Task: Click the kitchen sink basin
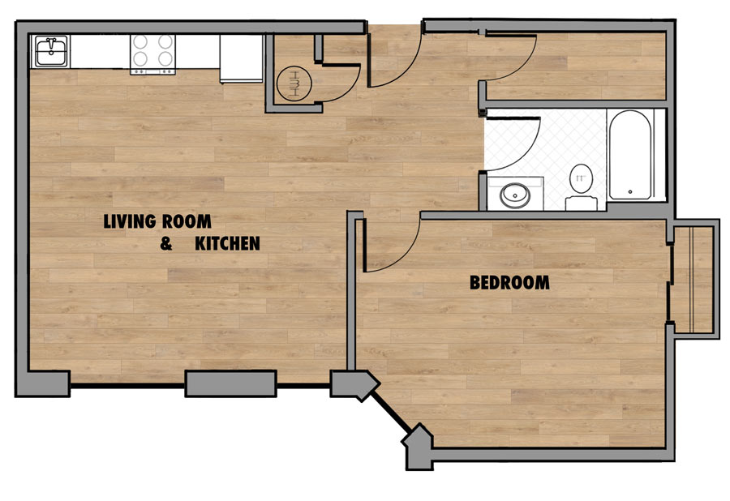coord(49,56)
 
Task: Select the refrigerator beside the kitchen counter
coord(242,58)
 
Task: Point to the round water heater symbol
coord(294,83)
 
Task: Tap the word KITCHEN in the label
coord(227,243)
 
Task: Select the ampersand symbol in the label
coord(166,243)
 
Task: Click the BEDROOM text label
coord(509,283)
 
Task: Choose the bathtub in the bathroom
coord(630,155)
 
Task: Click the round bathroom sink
coord(513,195)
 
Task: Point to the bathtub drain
coord(630,192)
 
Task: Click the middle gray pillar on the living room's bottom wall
coord(231,383)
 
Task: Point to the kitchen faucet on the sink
coord(50,41)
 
